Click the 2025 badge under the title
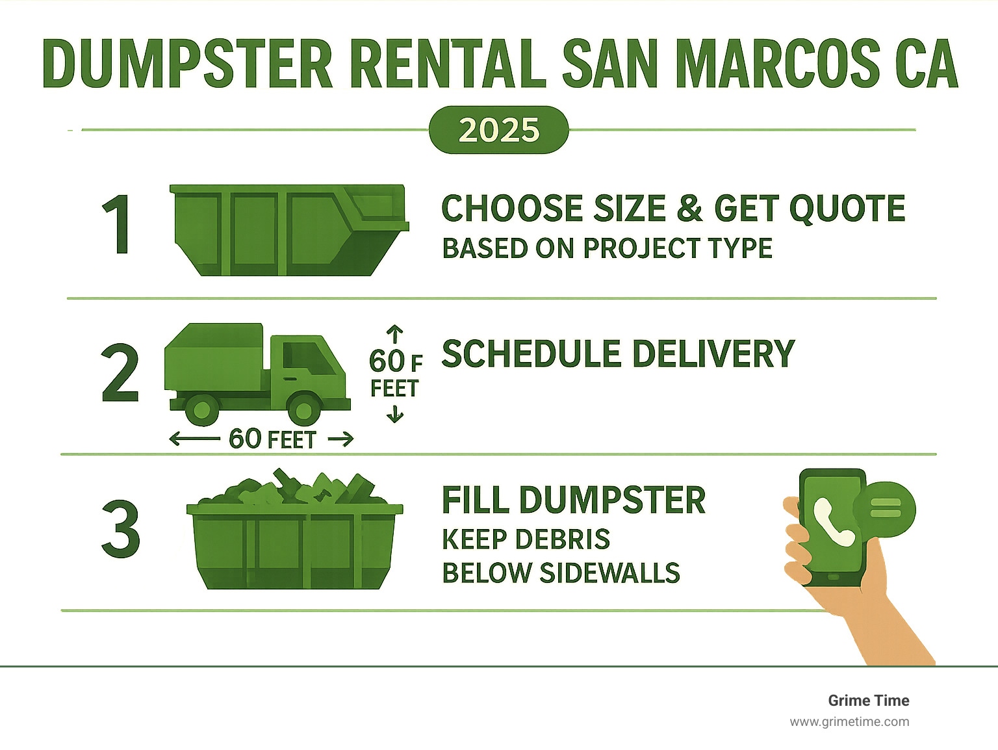498,130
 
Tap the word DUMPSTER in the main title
187,64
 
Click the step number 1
118,225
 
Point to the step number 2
121,374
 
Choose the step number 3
121,529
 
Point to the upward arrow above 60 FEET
395,333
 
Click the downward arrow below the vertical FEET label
395,414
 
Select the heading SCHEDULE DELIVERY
618,354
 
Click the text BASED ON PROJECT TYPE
607,248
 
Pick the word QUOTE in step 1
847,209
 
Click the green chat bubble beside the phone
885,509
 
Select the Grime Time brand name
868,701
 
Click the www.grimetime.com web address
849,721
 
